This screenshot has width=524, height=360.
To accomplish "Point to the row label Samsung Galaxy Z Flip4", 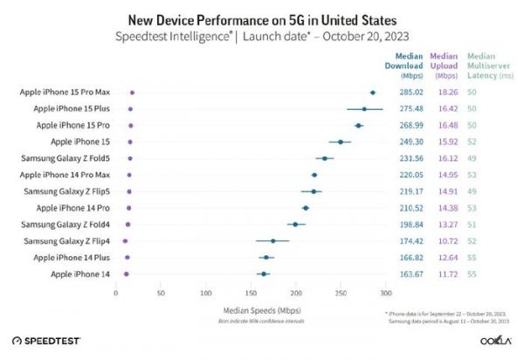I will pos(66,240).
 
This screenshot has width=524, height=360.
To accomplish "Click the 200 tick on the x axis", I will pos(295,293).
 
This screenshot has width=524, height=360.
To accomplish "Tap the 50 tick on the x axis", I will pos(161,293).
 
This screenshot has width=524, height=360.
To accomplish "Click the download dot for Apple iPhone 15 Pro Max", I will pos(373,92).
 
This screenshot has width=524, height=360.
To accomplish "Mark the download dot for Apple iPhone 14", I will pos(264,273).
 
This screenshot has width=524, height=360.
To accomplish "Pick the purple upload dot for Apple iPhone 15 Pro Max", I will pos(132,92).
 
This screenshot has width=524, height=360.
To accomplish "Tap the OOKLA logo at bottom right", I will pos(491,341).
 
